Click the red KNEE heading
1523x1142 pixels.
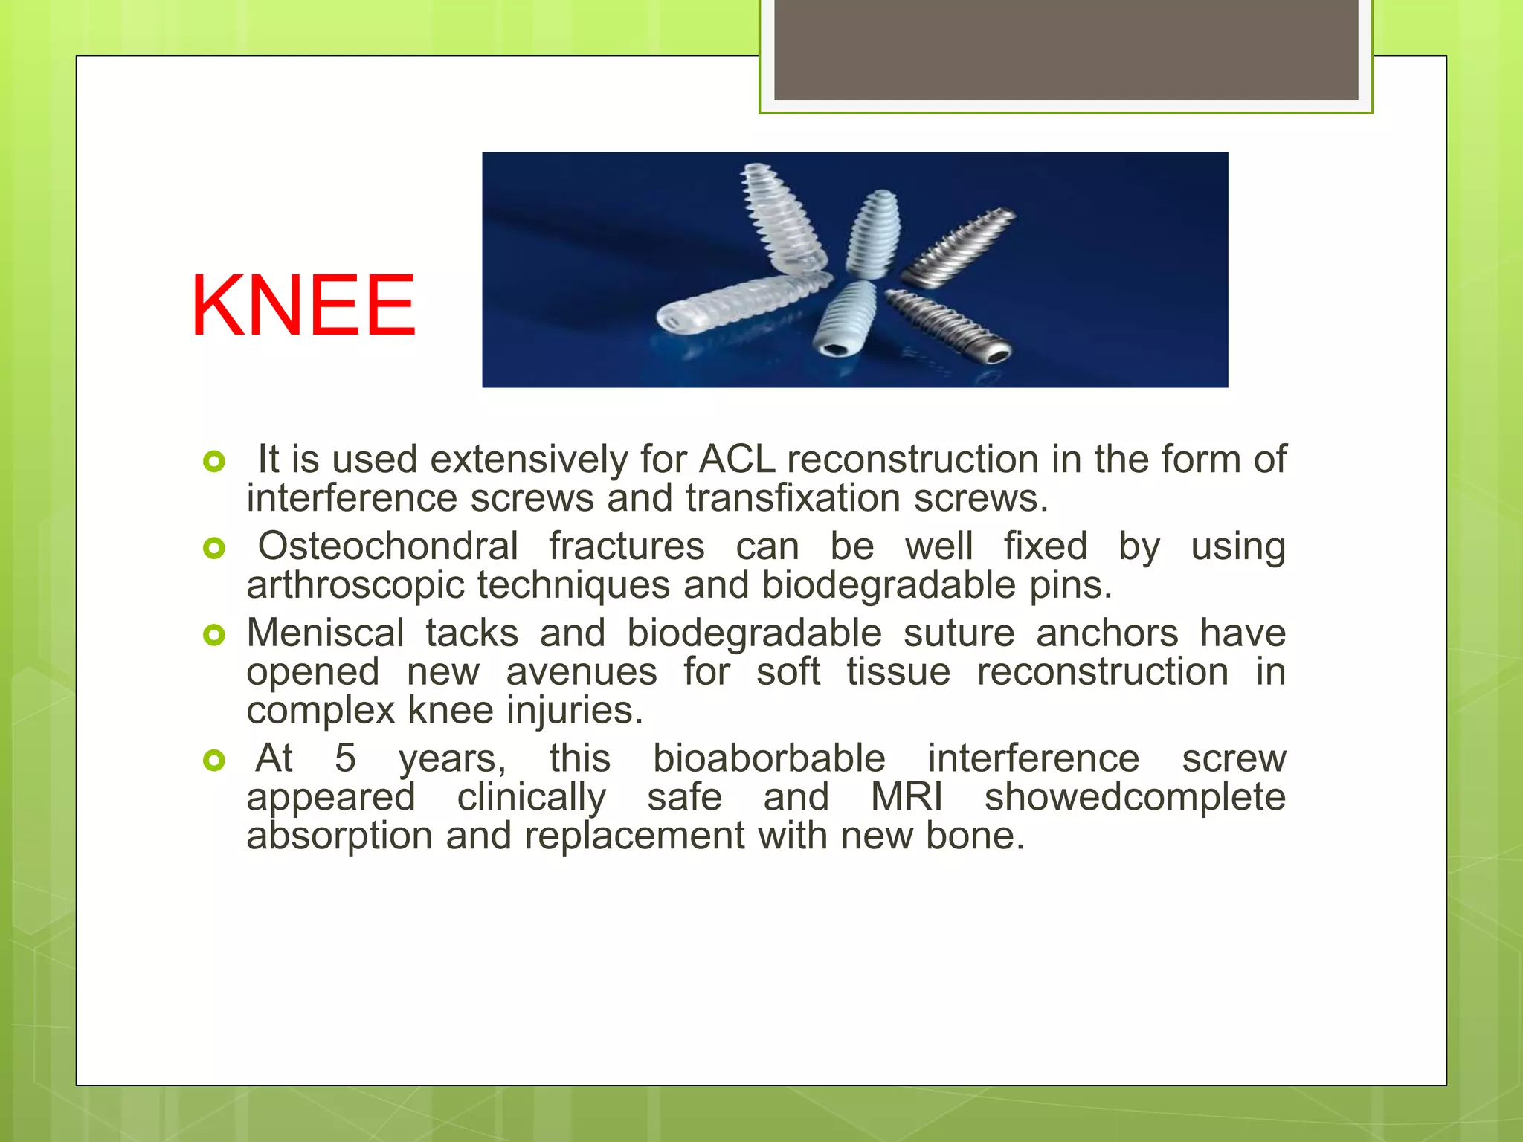pyautogui.click(x=303, y=306)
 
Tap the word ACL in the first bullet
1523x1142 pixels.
pyautogui.click(x=737, y=459)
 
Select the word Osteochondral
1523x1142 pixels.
pyautogui.click(x=387, y=546)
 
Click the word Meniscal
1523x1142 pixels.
pyautogui.click(x=325, y=633)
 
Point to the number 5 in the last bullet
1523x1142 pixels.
pyautogui.click(x=345, y=758)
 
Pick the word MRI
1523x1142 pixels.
pyautogui.click(x=907, y=797)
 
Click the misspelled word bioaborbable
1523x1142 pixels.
pyautogui.click(x=769, y=758)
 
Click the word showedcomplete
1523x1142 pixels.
pyautogui.click(x=1135, y=797)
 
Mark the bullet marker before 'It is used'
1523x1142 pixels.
pyautogui.click(x=213, y=462)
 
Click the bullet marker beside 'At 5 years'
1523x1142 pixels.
pyautogui.click(x=213, y=760)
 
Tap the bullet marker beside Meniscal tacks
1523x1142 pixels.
pyautogui.click(x=213, y=635)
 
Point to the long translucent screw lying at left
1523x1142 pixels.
pyautogui.click(x=744, y=305)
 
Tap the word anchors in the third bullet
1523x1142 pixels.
pyautogui.click(x=1107, y=633)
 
